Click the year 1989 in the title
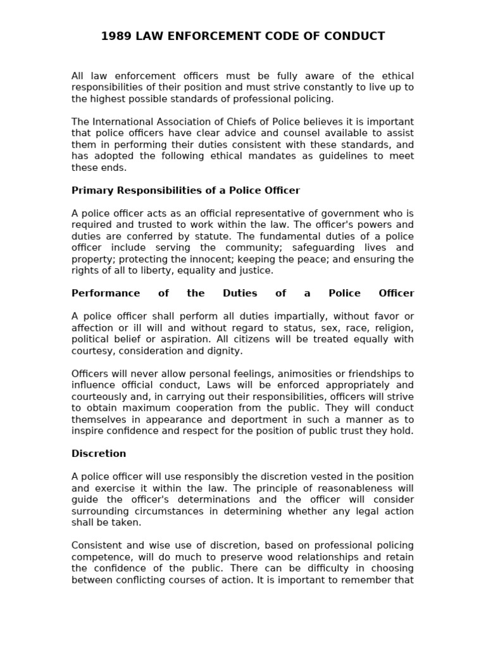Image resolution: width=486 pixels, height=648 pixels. pyautogui.click(x=115, y=36)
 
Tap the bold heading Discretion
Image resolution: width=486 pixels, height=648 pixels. pyautogui.click(x=99, y=454)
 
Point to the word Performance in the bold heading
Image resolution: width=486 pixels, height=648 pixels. pyautogui.click(x=106, y=293)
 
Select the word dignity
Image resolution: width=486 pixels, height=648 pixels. pyautogui.click(x=224, y=350)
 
